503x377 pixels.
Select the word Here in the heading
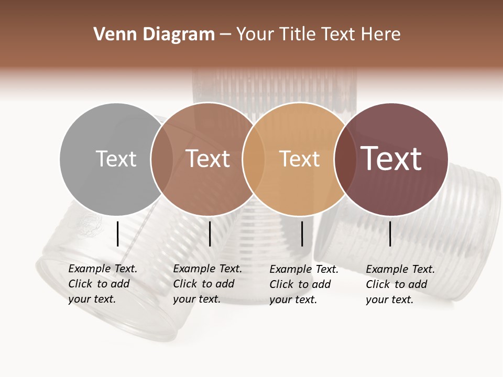coord(382,35)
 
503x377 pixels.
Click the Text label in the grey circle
coord(116,159)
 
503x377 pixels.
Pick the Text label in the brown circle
coord(207,159)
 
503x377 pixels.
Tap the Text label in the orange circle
coord(299,159)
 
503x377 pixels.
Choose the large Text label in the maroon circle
coord(391,159)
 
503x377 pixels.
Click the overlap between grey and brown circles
coord(162,159)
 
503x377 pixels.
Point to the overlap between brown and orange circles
coord(254,159)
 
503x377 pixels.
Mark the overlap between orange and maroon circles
coord(345,159)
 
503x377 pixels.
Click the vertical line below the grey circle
coord(117,234)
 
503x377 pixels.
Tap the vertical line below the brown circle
coord(210,234)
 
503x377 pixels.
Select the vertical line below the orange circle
coord(302,234)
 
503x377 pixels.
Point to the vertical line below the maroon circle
coord(390,234)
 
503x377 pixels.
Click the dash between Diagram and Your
coord(225,35)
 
